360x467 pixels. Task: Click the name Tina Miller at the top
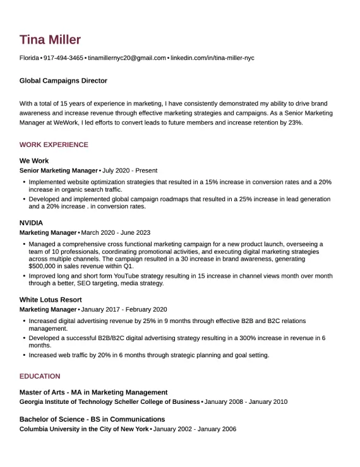[x=50, y=40]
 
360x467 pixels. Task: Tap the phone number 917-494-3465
[x=63, y=58]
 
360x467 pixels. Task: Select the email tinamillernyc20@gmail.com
[x=127, y=58]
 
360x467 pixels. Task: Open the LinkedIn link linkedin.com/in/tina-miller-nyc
[x=212, y=58]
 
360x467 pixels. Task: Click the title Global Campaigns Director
[x=63, y=81]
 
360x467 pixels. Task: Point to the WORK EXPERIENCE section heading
[x=54, y=145]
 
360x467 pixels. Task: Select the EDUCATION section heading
[x=40, y=376]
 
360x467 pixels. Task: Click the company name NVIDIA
[x=32, y=223]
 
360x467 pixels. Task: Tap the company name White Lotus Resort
[x=51, y=300]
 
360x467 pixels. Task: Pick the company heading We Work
[x=34, y=161]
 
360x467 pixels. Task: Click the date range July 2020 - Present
[x=129, y=170]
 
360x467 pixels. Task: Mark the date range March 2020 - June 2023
[x=116, y=232]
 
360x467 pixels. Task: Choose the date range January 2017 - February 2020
[x=124, y=309]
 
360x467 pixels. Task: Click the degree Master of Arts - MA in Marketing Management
[x=93, y=392]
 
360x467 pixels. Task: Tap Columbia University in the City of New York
[x=84, y=429]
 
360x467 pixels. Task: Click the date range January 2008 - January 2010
[x=246, y=401]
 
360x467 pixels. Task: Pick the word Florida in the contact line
[x=29, y=58]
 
